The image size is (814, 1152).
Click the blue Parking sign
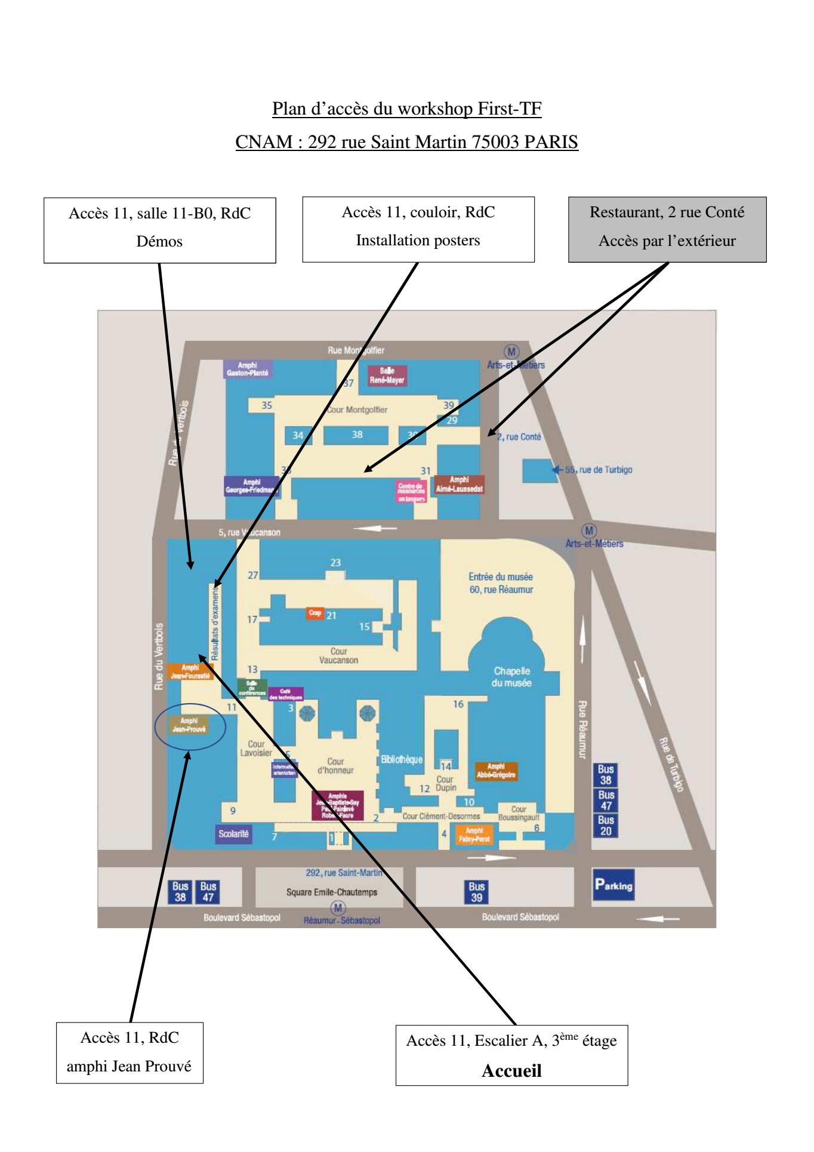[x=613, y=885]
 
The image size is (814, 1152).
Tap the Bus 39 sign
[x=476, y=892]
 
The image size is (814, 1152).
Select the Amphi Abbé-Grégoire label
[x=496, y=771]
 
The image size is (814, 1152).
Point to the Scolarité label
[x=233, y=834]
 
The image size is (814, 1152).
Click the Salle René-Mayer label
[x=387, y=375]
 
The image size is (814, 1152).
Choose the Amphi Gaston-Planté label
[x=247, y=369]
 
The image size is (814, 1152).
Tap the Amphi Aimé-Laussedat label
[x=459, y=484]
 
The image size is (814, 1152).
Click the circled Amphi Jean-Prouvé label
[x=189, y=725]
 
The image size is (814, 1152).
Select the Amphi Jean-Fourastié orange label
[x=190, y=672]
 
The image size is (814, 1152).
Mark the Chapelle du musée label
[x=511, y=677]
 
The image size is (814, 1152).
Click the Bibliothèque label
[x=402, y=759]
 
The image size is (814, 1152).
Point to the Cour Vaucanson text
[x=338, y=656]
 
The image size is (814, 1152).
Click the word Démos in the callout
[x=159, y=241]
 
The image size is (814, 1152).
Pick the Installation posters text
[x=418, y=241]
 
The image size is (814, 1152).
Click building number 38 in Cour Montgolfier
[x=357, y=435]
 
